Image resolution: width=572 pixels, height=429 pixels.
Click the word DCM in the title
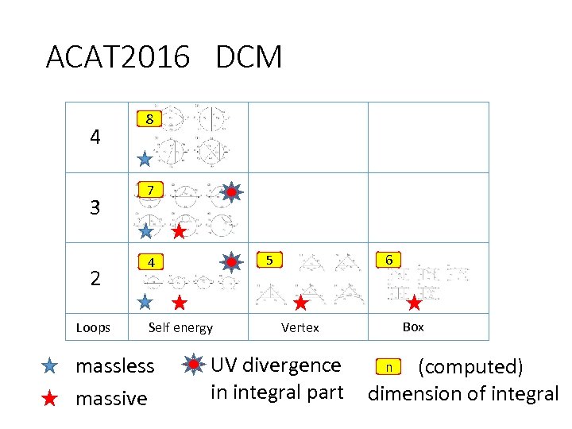[x=249, y=57]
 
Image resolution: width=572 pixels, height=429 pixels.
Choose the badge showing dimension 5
[x=269, y=260]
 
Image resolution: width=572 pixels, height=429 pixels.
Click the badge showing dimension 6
[x=388, y=260]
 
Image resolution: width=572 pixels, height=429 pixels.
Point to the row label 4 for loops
[x=95, y=137]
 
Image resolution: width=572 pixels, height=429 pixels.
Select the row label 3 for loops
[x=95, y=208]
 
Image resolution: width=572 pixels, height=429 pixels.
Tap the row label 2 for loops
[x=95, y=279]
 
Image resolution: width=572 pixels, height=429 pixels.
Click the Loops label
[x=93, y=327]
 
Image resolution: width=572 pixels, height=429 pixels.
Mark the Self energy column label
[x=180, y=327]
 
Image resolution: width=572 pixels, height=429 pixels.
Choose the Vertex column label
[x=300, y=327]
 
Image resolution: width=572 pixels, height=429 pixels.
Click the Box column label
[x=413, y=327]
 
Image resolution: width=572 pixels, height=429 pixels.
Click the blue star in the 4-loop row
[x=145, y=159]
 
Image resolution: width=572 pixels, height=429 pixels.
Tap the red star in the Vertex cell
[x=300, y=303]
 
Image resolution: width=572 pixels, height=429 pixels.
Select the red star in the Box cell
[x=414, y=302]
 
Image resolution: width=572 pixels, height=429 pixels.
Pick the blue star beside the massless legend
[x=49, y=366]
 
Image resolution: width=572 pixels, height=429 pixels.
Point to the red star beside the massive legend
[x=49, y=398]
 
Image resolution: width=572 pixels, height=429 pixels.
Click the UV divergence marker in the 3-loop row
[x=230, y=191]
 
